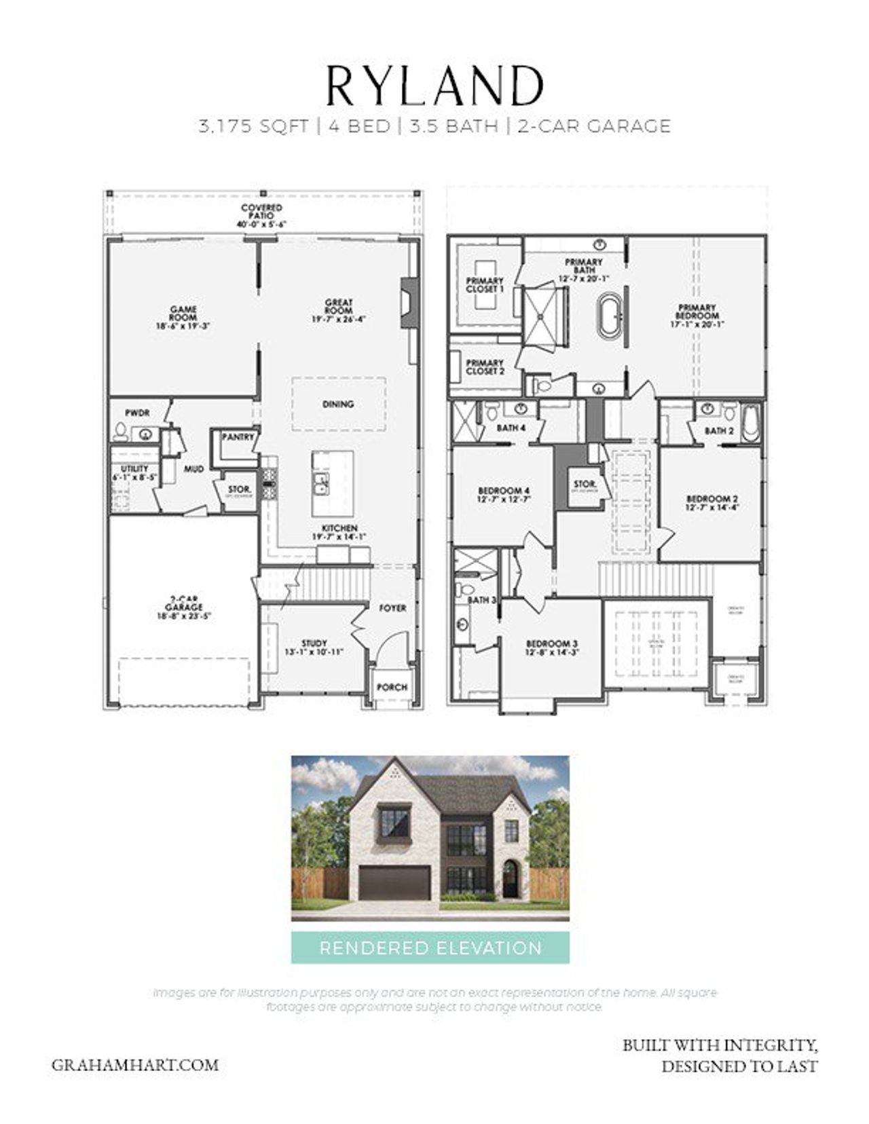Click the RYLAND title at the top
click(x=434, y=86)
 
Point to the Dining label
click(x=338, y=404)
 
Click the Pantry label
click(x=238, y=437)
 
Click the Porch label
click(x=392, y=687)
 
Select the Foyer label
click(x=392, y=608)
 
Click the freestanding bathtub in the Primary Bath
click(x=609, y=316)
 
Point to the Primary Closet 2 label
click(x=485, y=367)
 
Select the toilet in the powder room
click(x=121, y=431)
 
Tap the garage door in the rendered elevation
click(x=394, y=882)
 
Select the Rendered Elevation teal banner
click(x=430, y=948)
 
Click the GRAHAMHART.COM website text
click(x=135, y=1065)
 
